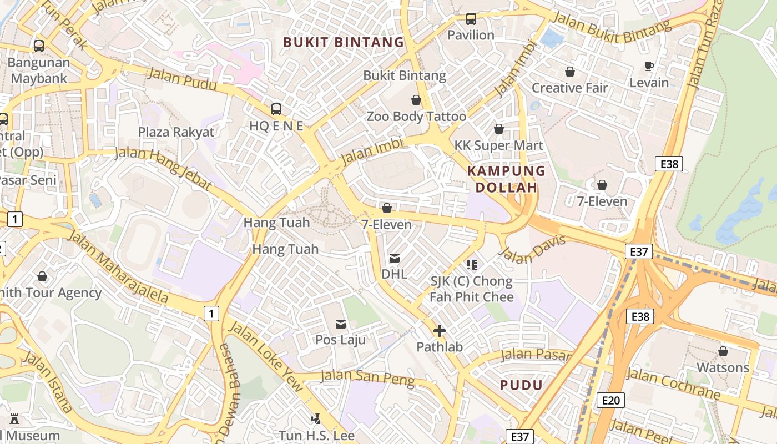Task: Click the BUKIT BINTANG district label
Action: tap(344, 42)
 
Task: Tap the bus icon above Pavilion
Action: tap(471, 19)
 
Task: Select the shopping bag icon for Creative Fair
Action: tap(569, 72)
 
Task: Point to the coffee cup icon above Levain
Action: tap(649, 67)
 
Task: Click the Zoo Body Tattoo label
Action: tap(416, 117)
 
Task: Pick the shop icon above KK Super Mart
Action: tap(499, 129)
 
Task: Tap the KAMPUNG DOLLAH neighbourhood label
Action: tap(507, 179)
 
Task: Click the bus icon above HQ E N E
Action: tap(276, 109)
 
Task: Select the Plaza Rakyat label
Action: tap(176, 132)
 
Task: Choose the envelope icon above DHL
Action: tap(395, 258)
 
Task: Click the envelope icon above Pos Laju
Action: tap(340, 324)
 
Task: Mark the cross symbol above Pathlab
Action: tap(439, 331)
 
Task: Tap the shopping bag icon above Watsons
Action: tap(723, 351)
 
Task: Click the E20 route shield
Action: tap(610, 400)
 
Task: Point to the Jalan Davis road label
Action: tap(532, 249)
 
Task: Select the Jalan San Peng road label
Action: tap(367, 377)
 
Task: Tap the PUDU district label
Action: tap(521, 385)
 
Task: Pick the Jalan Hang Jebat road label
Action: tap(163, 168)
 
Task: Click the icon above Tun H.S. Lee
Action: tap(316, 418)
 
